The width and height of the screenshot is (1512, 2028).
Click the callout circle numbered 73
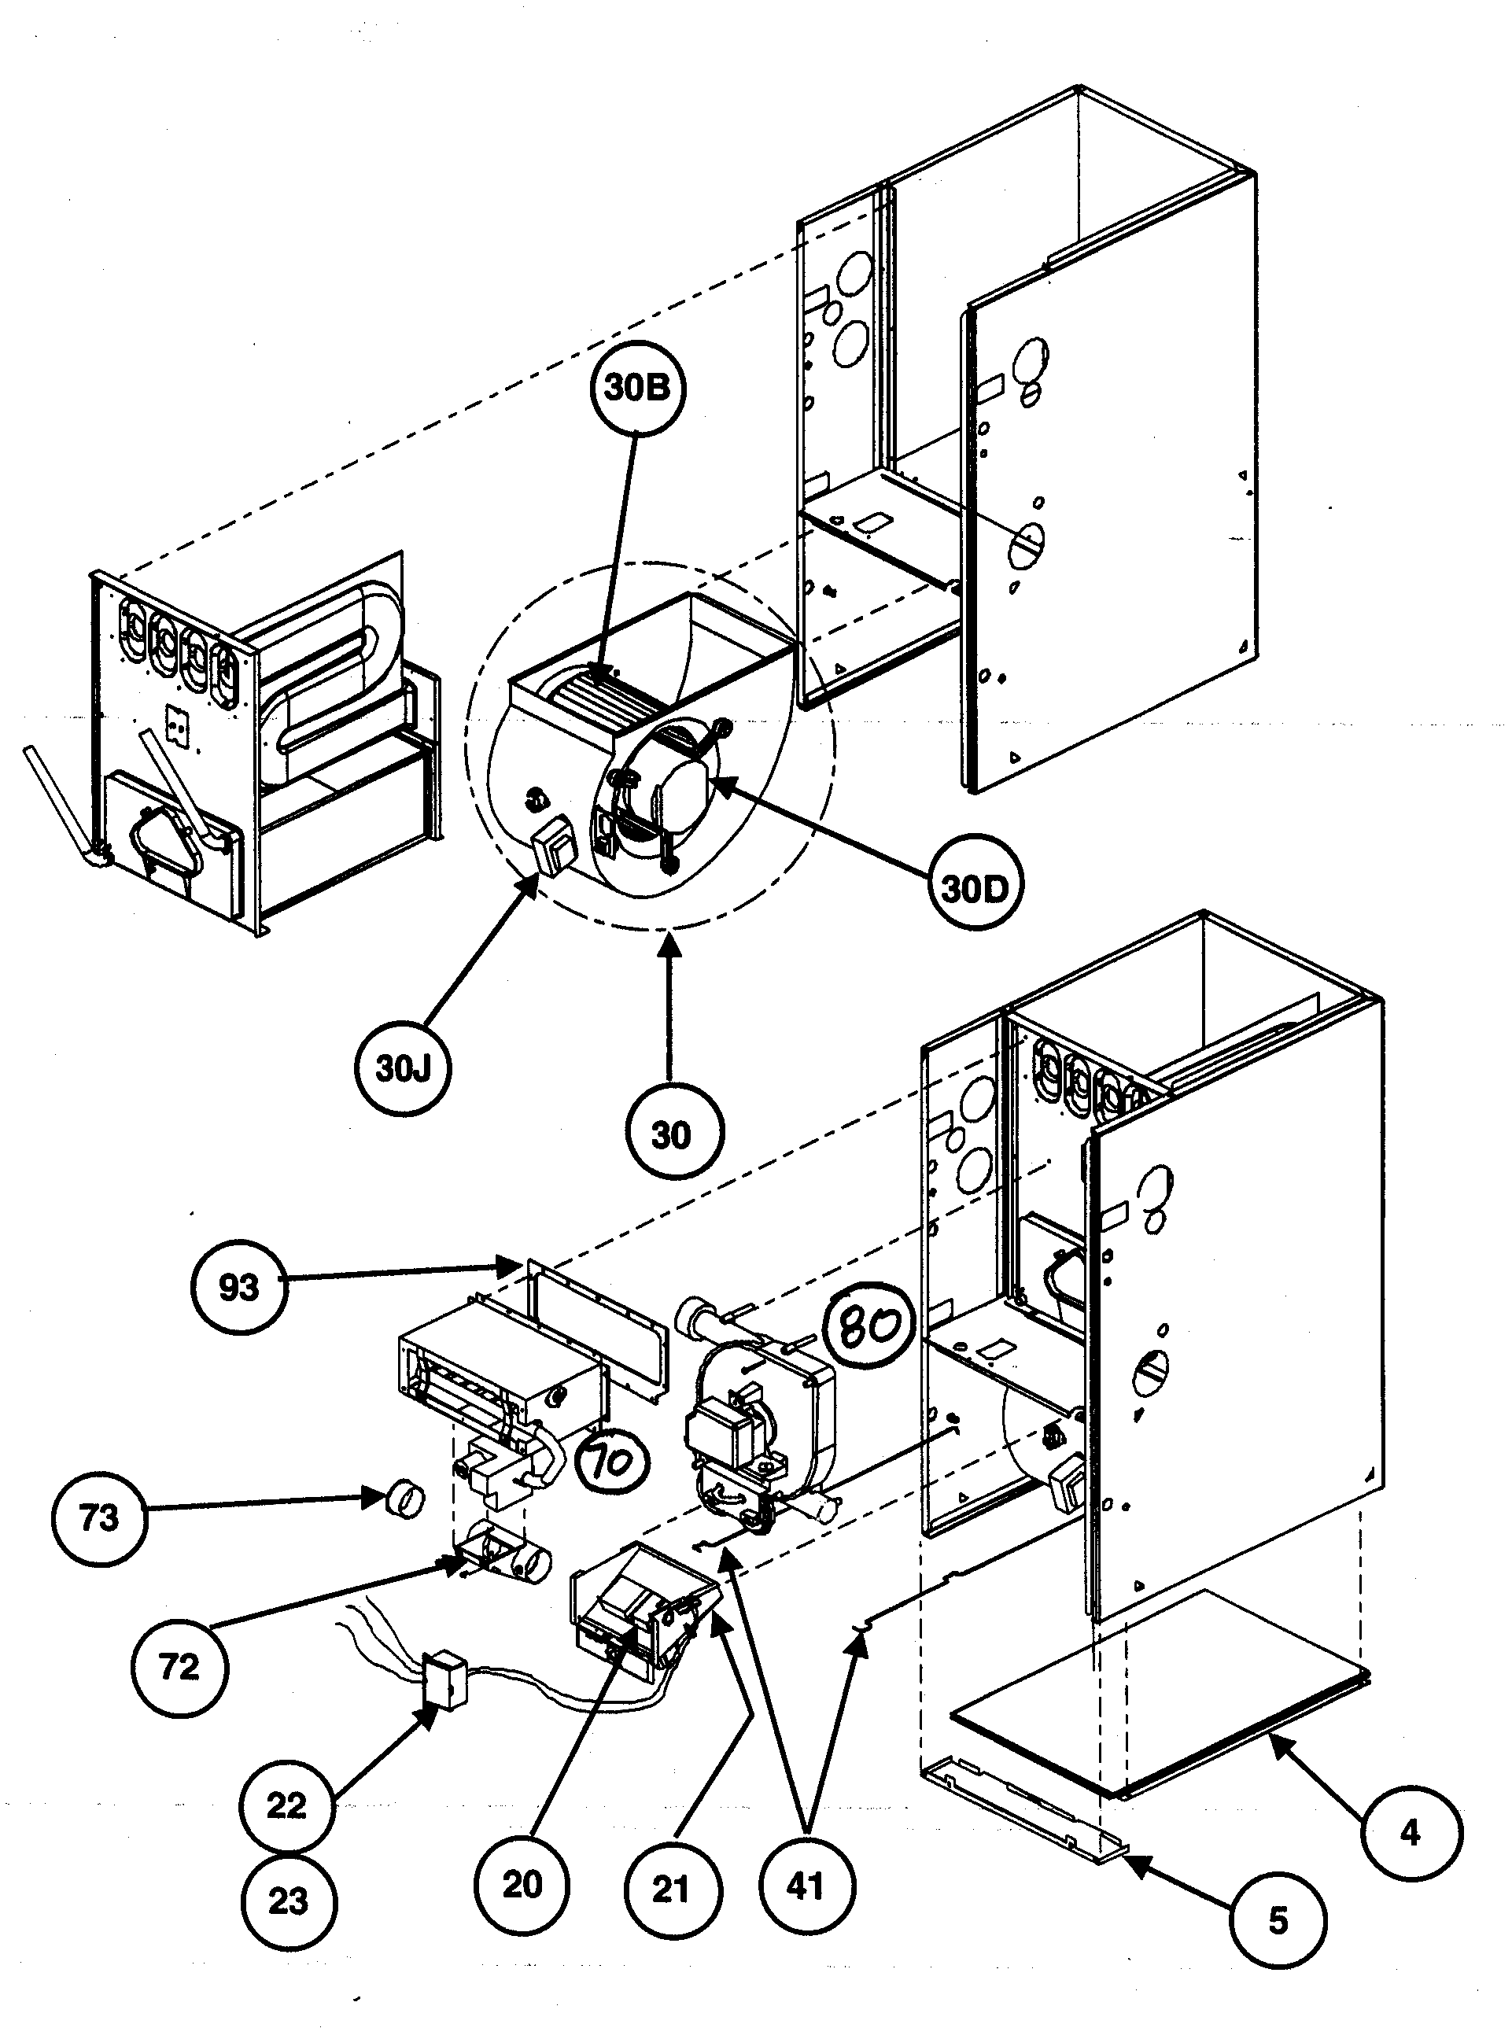(x=99, y=1518)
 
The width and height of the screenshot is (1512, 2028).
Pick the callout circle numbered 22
(x=286, y=1805)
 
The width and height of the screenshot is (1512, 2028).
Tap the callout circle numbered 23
(x=288, y=1901)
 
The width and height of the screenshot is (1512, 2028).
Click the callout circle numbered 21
(x=671, y=1889)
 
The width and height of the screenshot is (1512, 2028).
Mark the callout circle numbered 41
(x=806, y=1886)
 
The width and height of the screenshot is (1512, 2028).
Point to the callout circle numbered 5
(x=1278, y=1920)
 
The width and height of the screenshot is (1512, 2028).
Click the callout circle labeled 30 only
(x=671, y=1135)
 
